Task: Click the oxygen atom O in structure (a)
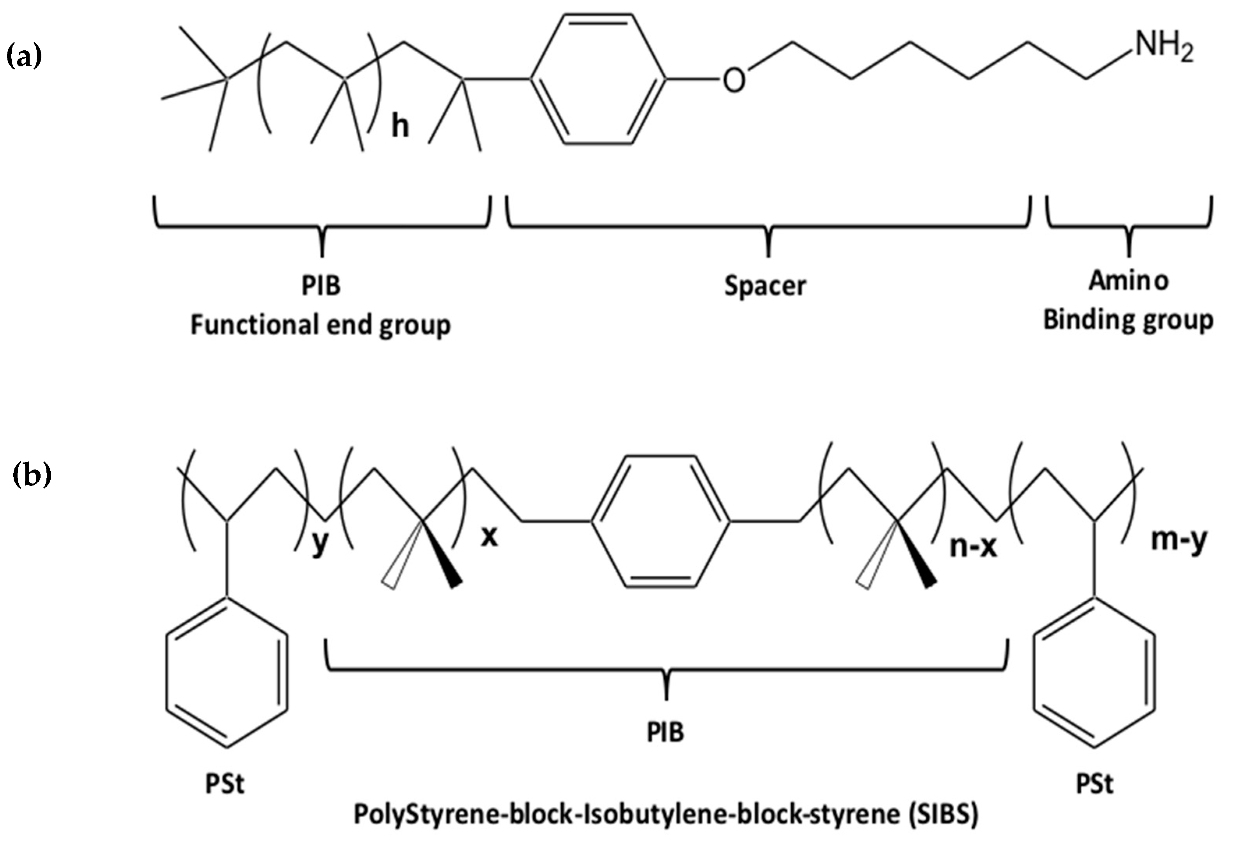(734, 81)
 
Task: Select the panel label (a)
(24, 56)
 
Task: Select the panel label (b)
(32, 474)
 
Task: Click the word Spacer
(765, 286)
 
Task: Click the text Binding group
(1128, 320)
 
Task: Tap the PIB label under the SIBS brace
(665, 733)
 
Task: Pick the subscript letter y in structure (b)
(319, 544)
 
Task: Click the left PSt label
(225, 784)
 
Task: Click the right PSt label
(1095, 784)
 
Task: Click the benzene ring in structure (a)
(598, 80)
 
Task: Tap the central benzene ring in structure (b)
(660, 521)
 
